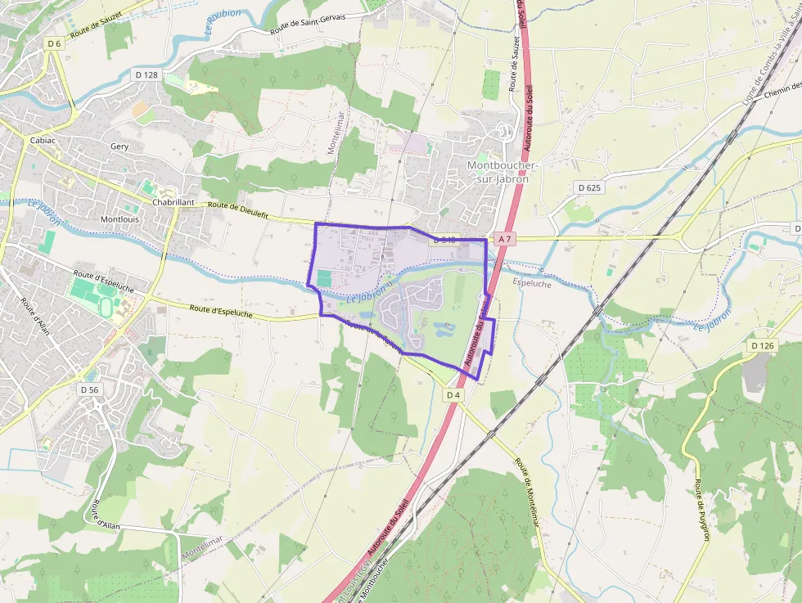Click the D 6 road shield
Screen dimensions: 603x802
coord(54,44)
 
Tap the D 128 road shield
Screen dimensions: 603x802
coord(147,74)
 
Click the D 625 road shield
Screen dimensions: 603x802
coord(589,187)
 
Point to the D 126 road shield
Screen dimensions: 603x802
coord(762,346)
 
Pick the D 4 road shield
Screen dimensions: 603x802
coord(453,395)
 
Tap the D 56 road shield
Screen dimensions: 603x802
coord(89,390)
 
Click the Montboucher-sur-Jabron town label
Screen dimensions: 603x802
coord(498,172)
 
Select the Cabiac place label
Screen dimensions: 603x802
coord(43,140)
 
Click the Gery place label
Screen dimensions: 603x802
coord(119,146)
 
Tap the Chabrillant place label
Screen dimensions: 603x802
coord(173,202)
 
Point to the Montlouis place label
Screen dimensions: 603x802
coord(119,220)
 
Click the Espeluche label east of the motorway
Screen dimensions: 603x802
coord(532,284)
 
